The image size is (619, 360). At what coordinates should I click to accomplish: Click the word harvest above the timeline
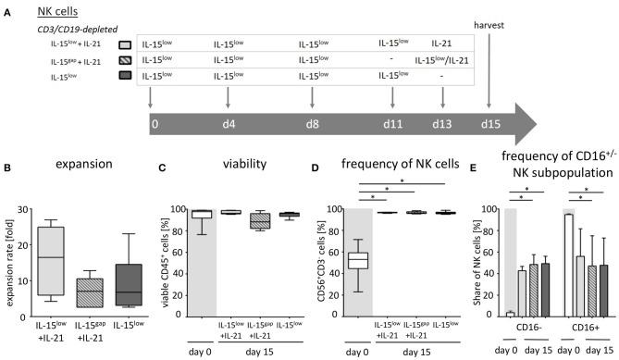[487, 25]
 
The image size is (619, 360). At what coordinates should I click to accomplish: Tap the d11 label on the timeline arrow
[392, 123]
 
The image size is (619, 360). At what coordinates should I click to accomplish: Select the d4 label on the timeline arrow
[228, 123]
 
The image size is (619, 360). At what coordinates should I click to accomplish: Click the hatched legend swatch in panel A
[125, 59]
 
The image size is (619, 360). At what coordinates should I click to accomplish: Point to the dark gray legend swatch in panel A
[125, 76]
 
